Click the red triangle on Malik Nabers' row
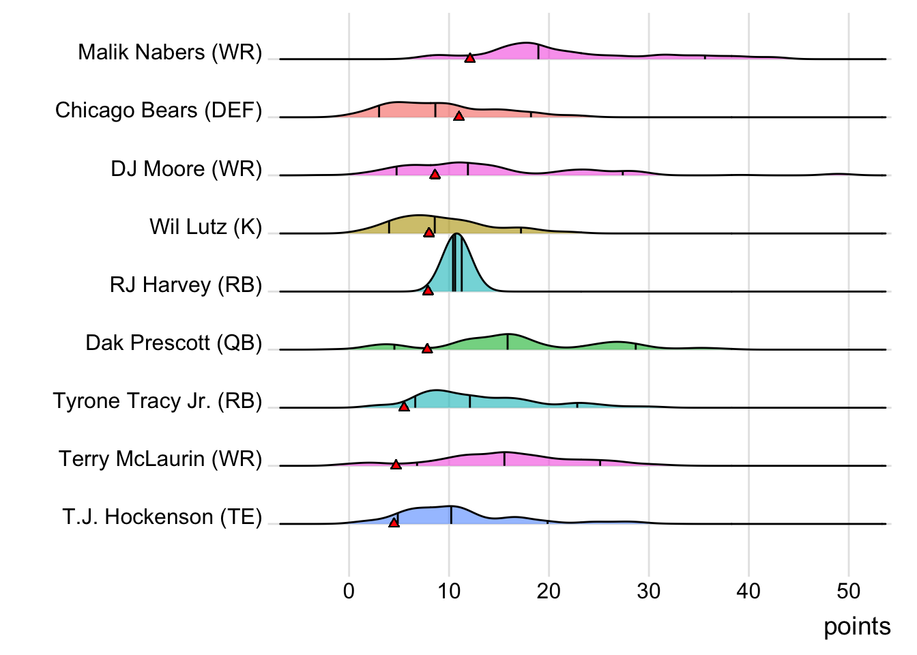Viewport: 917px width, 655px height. click(x=469, y=58)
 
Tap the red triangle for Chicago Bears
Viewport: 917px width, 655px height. click(x=458, y=116)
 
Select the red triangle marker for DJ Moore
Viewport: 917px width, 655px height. click(x=435, y=174)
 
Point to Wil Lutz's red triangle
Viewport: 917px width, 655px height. click(x=428, y=232)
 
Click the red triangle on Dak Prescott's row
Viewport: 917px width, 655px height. click(x=427, y=348)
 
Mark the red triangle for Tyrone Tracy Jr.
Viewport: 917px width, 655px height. click(x=404, y=406)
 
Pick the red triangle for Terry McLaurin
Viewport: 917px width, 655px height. click(x=396, y=464)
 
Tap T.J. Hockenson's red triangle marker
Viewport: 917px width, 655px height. click(x=394, y=522)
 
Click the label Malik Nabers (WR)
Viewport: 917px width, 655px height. click(x=170, y=53)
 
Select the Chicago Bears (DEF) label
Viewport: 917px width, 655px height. click(x=158, y=111)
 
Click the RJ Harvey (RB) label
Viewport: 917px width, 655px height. click(x=186, y=285)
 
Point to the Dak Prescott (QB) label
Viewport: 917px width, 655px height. click(x=173, y=343)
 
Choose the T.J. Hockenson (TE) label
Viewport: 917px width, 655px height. click(x=162, y=517)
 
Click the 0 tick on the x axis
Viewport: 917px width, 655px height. click(x=349, y=591)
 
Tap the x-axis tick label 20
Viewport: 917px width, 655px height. click(x=549, y=591)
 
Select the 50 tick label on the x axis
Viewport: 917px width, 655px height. click(x=848, y=591)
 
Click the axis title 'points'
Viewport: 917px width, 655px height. click(x=856, y=626)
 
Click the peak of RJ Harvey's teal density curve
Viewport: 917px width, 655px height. click(x=456, y=235)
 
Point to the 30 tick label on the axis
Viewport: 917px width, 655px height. click(x=648, y=591)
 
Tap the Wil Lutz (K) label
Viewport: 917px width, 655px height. click(x=205, y=227)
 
